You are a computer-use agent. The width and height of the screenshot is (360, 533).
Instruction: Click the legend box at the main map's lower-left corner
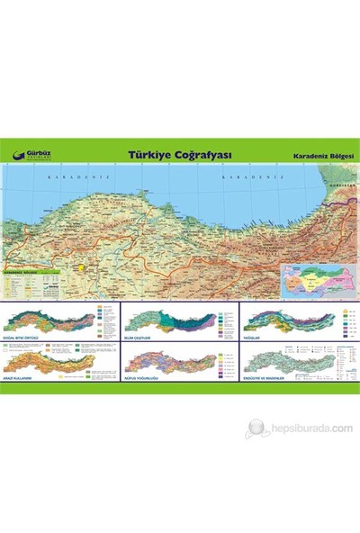click(x=33, y=285)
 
